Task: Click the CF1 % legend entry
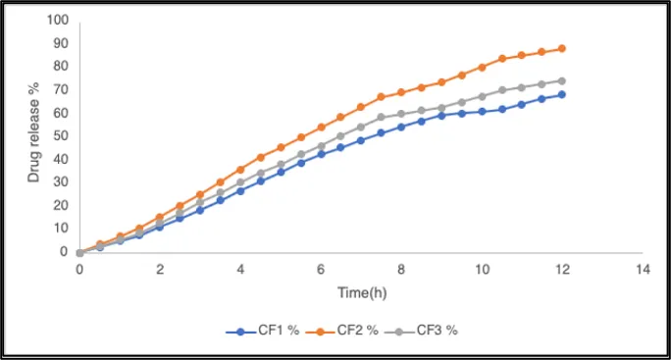(262, 331)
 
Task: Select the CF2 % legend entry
(342, 331)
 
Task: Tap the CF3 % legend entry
(421, 331)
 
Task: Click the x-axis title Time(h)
(362, 292)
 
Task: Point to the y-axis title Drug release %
(33, 132)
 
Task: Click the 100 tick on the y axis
(58, 20)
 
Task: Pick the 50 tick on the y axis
(61, 135)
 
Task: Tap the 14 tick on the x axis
(643, 269)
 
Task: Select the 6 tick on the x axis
(321, 269)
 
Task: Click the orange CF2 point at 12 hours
(562, 49)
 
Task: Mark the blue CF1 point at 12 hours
(562, 94)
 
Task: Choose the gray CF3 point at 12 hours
(562, 80)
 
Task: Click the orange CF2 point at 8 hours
(401, 92)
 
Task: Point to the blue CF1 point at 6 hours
(321, 154)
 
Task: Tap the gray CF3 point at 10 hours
(482, 97)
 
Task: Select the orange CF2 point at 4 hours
(240, 170)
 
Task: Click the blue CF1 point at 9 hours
(441, 116)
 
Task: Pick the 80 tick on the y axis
(61, 66)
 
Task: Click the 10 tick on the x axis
(482, 269)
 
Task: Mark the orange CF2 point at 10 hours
(482, 68)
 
